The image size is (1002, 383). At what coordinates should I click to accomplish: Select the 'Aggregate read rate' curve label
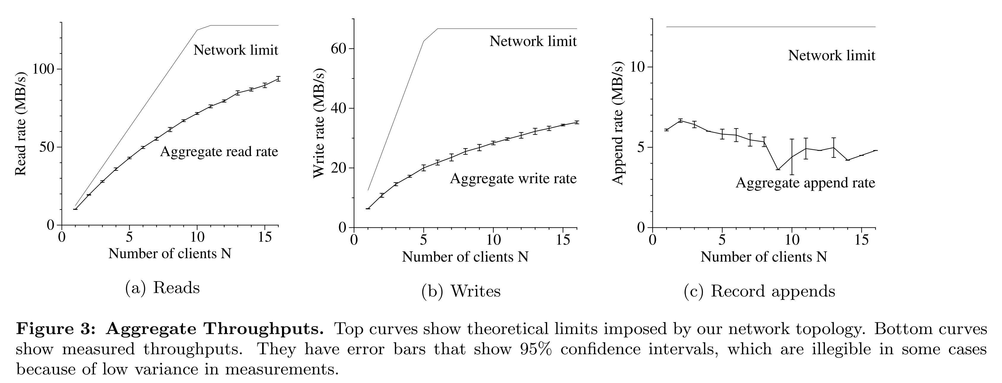click(x=219, y=151)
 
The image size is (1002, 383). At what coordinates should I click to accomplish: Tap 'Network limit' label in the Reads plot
click(x=236, y=50)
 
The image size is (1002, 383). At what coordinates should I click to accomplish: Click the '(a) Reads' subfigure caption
click(x=162, y=288)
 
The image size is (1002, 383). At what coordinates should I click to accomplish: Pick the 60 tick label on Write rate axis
click(x=338, y=49)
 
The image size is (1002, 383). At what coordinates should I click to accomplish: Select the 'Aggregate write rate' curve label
click(x=513, y=178)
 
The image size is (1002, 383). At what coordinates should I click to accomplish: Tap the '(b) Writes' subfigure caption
click(x=461, y=291)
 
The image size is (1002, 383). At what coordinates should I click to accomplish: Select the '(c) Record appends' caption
click(x=759, y=291)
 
